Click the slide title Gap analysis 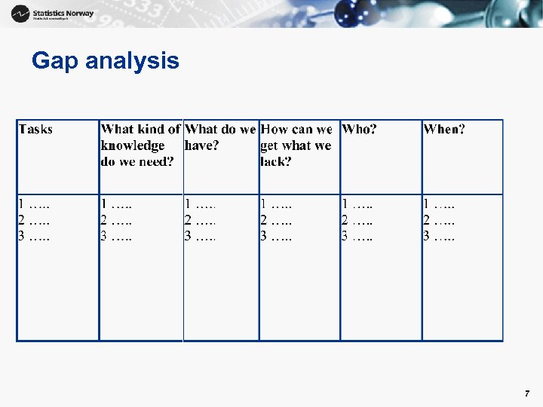point(105,61)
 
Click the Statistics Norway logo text point(63,14)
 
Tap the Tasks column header point(35,130)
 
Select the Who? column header point(359,130)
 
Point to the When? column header point(444,130)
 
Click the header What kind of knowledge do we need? point(140,145)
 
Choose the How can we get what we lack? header point(296,145)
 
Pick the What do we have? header point(219,137)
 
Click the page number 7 point(527,394)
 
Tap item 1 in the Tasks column point(34,203)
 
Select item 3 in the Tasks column point(34,237)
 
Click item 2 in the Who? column point(357,220)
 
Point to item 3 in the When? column point(439,237)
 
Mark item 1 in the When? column point(439,203)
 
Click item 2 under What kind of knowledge point(116,220)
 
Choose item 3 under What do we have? point(200,237)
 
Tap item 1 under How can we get point(276,203)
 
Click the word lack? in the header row point(275,162)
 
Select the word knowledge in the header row point(133,145)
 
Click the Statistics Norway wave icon point(21,14)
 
